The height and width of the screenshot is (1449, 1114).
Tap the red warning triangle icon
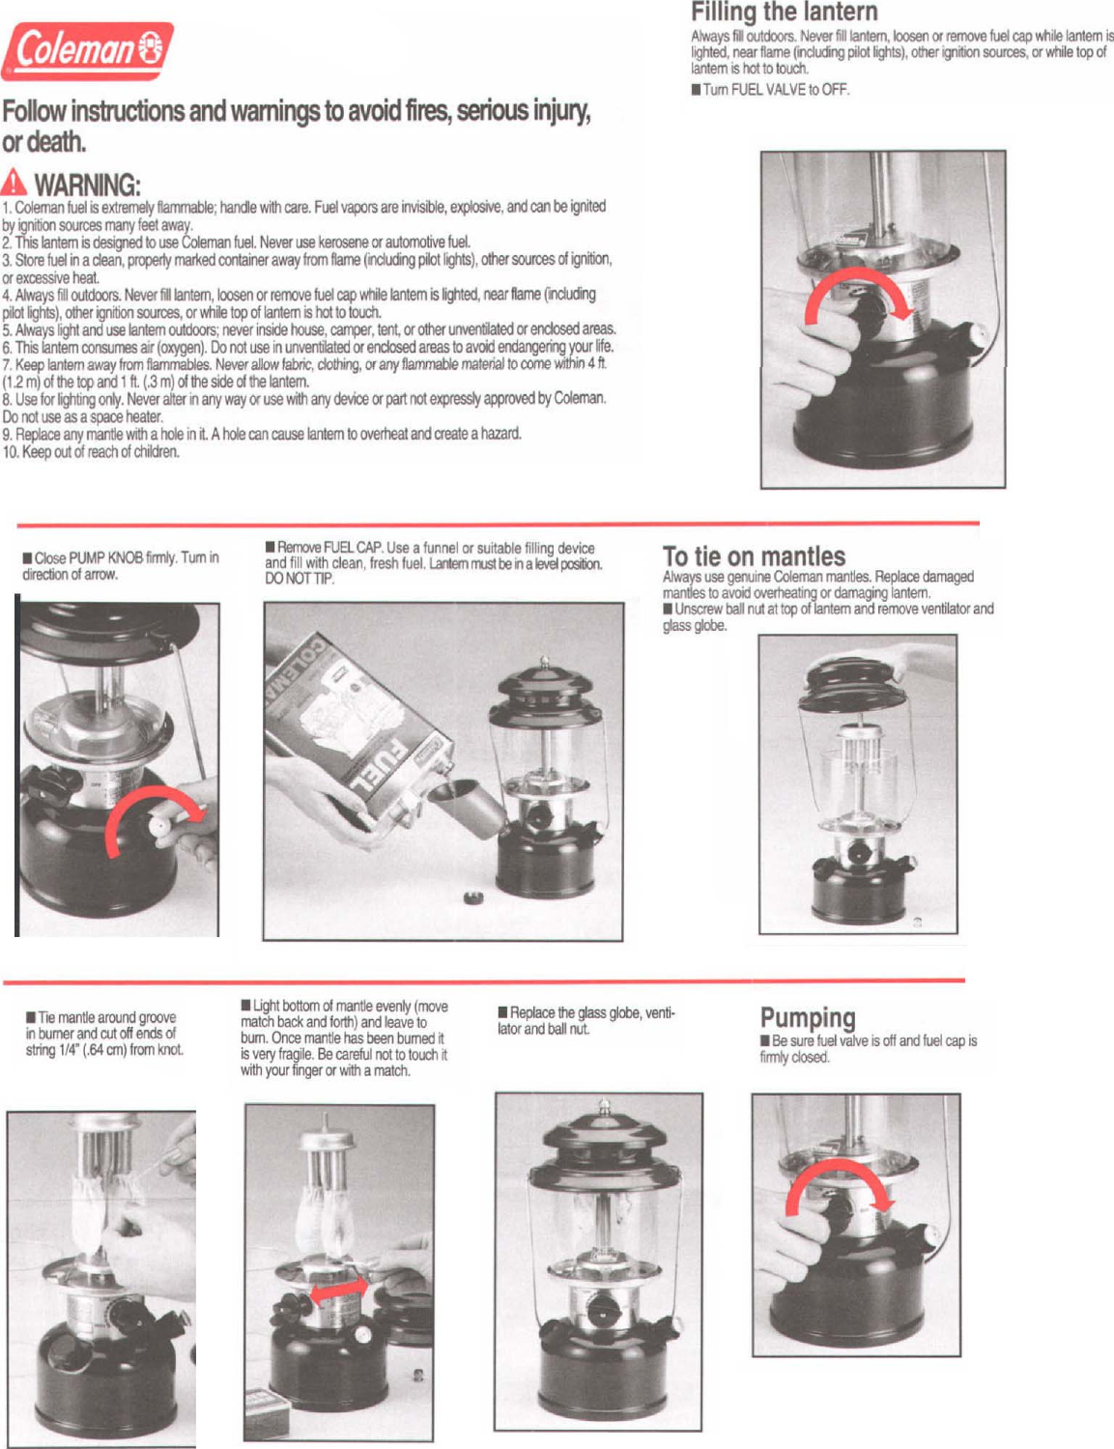(x=14, y=182)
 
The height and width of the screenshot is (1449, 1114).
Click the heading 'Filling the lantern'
(x=784, y=13)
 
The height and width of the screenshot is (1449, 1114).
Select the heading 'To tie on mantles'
(x=754, y=556)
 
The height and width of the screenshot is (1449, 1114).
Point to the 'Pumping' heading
(x=808, y=1018)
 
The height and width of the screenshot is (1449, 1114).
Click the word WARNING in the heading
(x=87, y=185)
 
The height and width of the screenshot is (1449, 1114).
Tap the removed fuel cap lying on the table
(x=472, y=897)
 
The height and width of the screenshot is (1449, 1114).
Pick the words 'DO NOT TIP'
(x=300, y=579)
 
